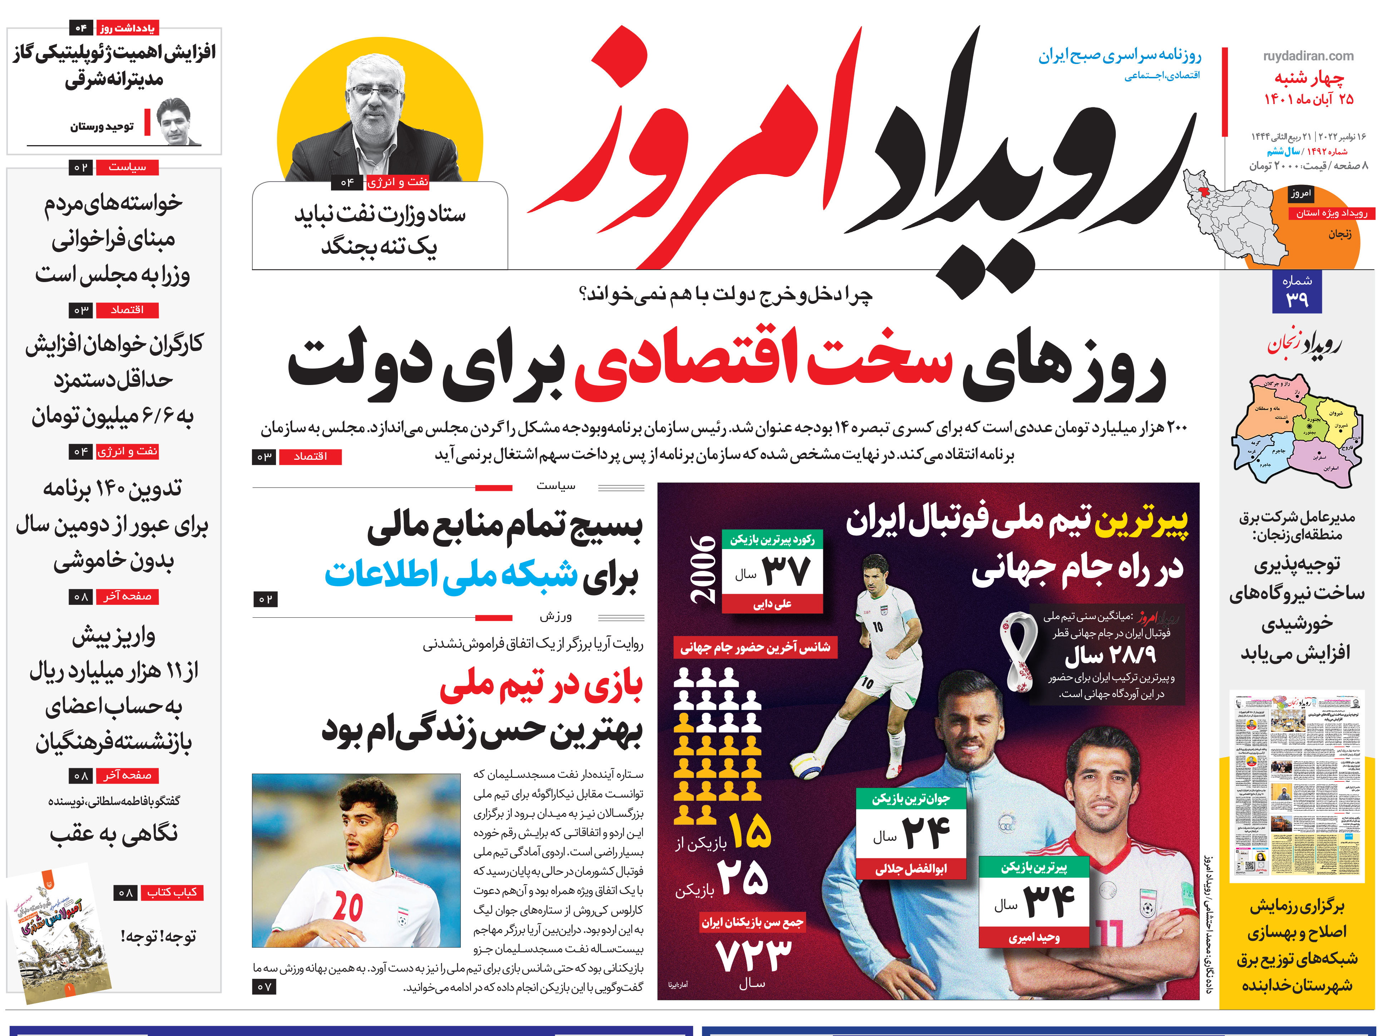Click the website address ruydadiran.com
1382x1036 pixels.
[x=1308, y=56]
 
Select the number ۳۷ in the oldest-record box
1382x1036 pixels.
[x=786, y=571]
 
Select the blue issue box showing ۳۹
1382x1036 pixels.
[x=1297, y=292]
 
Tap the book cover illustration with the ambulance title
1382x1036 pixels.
[x=59, y=934]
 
